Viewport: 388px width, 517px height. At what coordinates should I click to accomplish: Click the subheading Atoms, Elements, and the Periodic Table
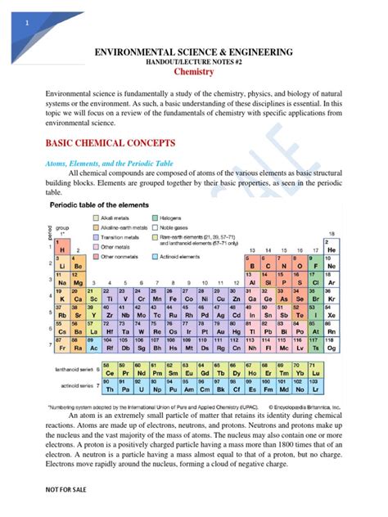pyautogui.click(x=109, y=164)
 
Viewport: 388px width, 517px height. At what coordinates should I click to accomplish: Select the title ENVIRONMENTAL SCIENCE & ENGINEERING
pyautogui.click(x=194, y=52)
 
